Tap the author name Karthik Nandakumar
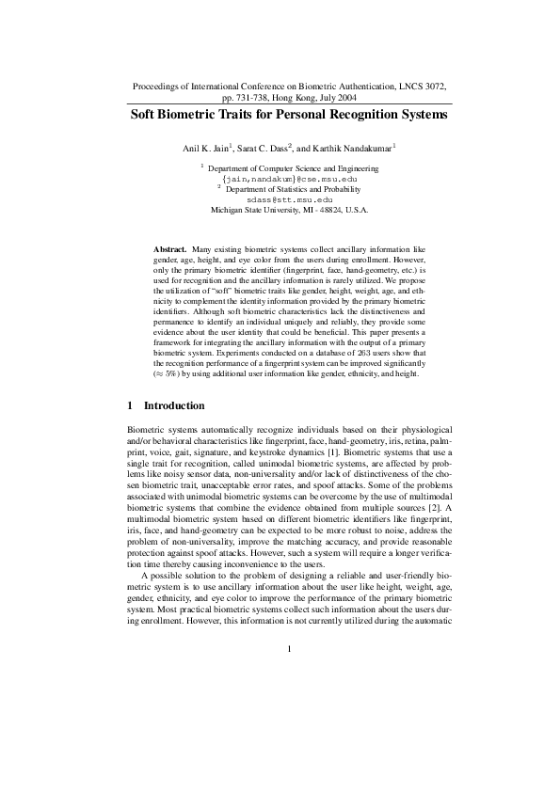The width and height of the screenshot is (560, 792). (354, 148)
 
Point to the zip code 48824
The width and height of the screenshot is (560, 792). (331, 210)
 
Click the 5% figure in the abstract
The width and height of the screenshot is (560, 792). (176, 399)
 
